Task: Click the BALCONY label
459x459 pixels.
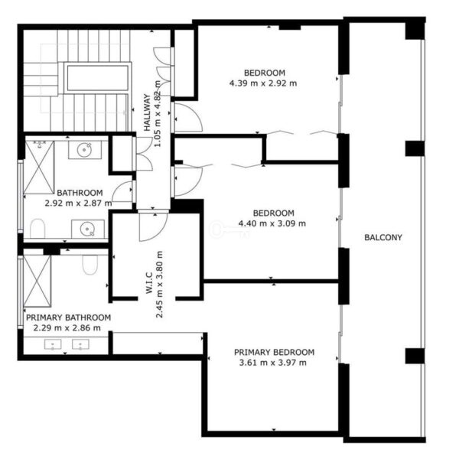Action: (x=383, y=237)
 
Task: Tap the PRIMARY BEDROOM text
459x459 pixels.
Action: (x=274, y=352)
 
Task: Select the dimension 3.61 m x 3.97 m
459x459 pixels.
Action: (x=273, y=363)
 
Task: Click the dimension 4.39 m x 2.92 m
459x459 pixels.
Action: (x=263, y=83)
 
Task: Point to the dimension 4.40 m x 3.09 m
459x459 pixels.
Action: (x=272, y=223)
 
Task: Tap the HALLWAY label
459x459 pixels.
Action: (x=147, y=112)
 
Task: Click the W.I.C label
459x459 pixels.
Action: (x=149, y=283)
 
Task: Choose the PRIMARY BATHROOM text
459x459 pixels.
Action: (x=69, y=317)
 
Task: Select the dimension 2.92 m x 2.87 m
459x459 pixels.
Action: (x=79, y=203)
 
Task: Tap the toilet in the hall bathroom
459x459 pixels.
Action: (x=37, y=229)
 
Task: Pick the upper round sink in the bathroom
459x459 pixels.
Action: (x=85, y=150)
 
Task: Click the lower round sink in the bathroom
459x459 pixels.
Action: (x=87, y=229)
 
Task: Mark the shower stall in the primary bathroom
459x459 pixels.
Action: (x=37, y=281)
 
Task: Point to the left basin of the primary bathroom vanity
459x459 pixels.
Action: (x=53, y=344)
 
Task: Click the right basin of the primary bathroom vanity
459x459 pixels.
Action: (x=81, y=344)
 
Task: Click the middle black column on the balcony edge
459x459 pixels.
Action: (x=415, y=148)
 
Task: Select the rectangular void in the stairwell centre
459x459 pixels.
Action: (x=98, y=78)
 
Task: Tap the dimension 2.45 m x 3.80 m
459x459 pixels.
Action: (x=159, y=285)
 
